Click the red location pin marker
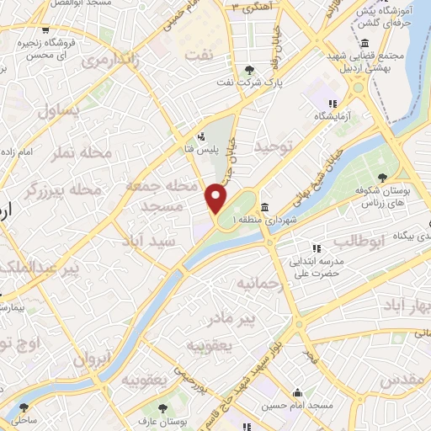(x=216, y=199)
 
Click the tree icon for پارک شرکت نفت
(x=247, y=70)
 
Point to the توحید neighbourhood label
(x=279, y=148)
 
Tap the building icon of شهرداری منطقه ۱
(x=264, y=207)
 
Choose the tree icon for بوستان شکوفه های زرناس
(x=383, y=177)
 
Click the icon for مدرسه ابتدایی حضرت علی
(x=317, y=248)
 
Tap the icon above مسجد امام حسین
(x=297, y=392)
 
